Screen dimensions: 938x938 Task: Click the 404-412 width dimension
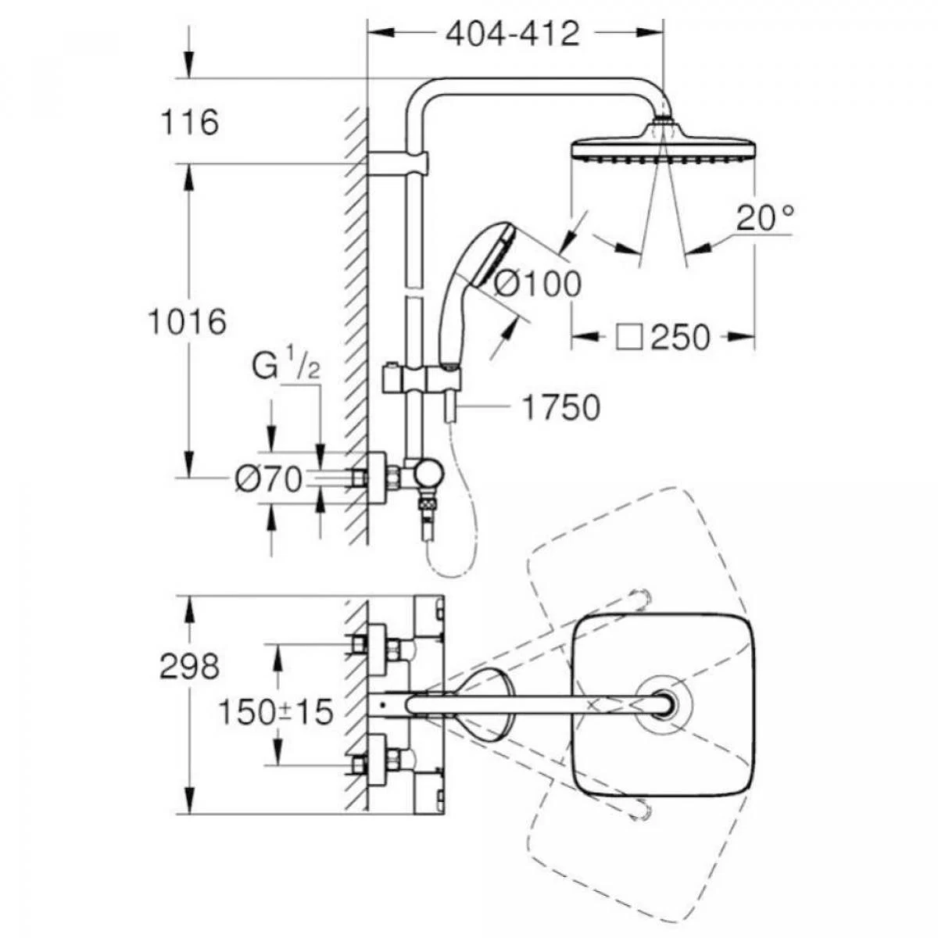513,34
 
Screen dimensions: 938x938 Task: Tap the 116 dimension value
190,123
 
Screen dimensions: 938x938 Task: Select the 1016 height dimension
188,322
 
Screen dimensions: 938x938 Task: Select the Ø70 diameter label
268,480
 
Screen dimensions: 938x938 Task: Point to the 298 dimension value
189,667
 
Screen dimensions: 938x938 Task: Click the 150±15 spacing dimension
276,711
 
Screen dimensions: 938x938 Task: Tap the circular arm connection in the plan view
665,705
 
